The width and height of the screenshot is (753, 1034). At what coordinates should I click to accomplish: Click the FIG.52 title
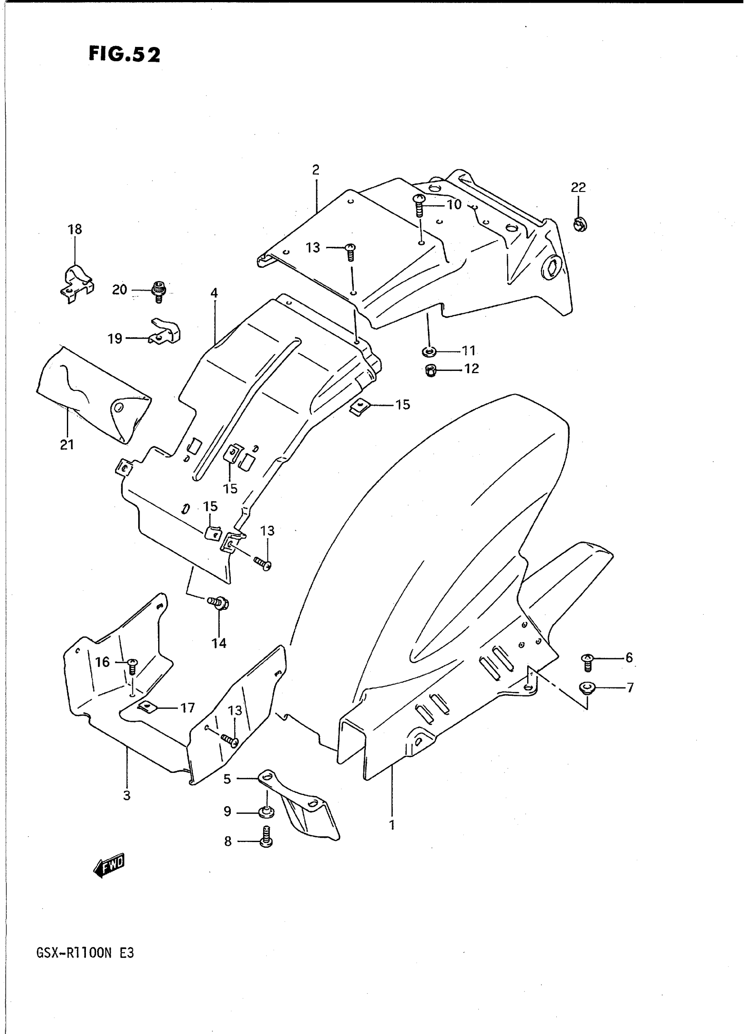point(124,54)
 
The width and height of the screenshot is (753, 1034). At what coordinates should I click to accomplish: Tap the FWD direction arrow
point(109,864)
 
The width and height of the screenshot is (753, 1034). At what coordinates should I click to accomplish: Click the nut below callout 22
point(580,224)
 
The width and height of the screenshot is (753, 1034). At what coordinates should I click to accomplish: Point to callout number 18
point(75,229)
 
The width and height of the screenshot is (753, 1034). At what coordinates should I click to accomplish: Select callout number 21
point(67,445)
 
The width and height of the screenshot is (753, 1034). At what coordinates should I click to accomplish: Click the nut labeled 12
point(430,371)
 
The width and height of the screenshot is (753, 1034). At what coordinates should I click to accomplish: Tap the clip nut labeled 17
point(147,707)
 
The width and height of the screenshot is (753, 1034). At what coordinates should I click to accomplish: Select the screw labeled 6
point(587,662)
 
